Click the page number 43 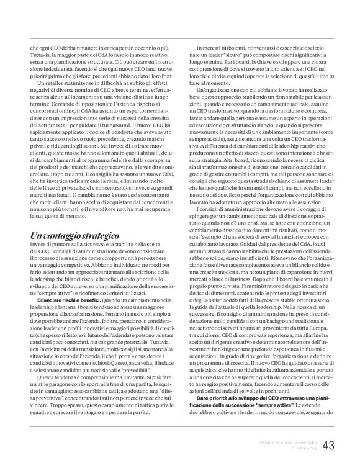click(x=326, y=444)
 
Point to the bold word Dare click(x=204, y=397)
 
